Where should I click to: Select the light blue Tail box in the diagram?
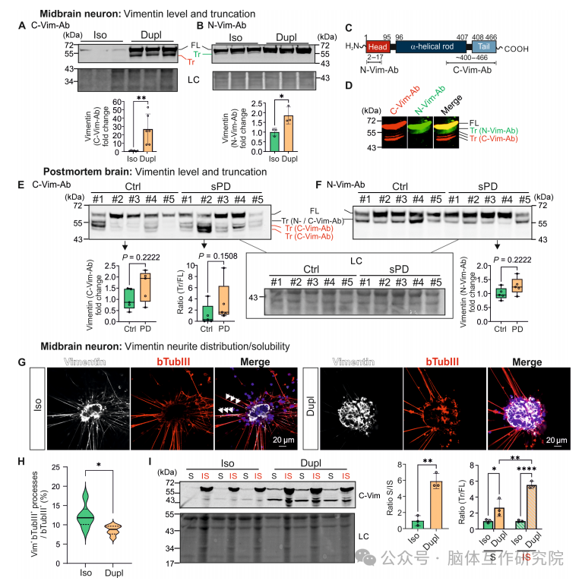485,46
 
